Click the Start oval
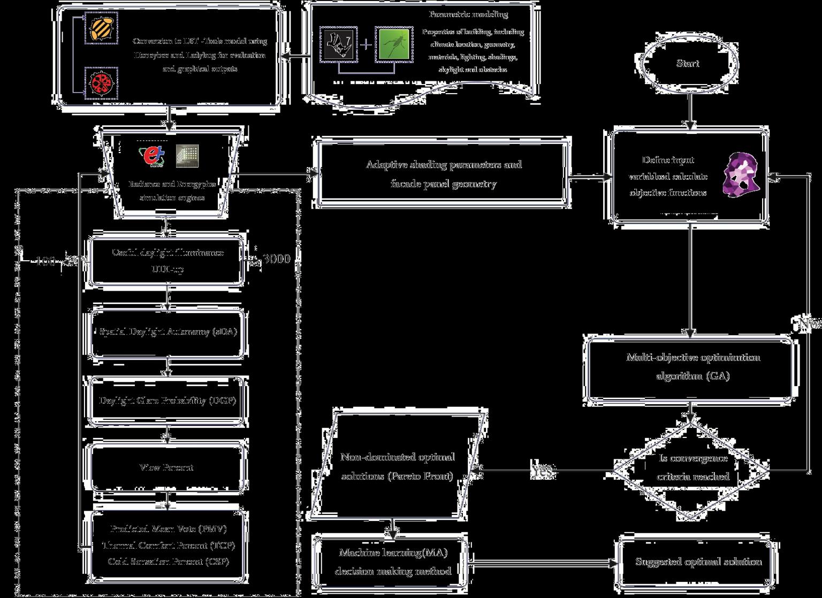[x=687, y=64]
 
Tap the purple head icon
[x=741, y=173]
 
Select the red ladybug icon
[x=101, y=84]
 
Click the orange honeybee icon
[x=101, y=27]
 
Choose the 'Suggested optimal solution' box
[x=698, y=562]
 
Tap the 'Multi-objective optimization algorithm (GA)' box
[x=692, y=367]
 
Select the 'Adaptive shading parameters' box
[x=444, y=174]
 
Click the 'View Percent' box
[x=166, y=467]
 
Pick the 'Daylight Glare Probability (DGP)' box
[x=167, y=400]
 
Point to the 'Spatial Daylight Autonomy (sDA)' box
[x=168, y=332]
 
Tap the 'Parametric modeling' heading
[x=468, y=14]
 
